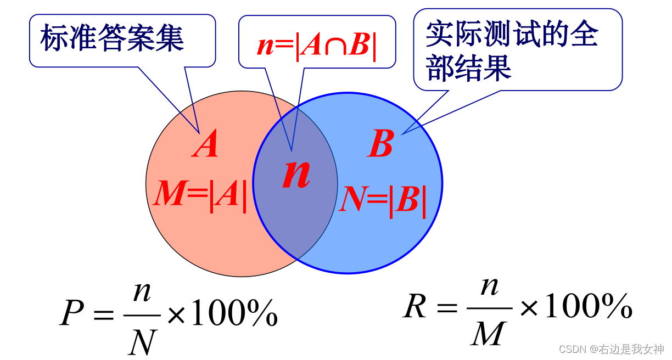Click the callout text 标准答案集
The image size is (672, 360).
113,39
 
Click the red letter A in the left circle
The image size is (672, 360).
205,146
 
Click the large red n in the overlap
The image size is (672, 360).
296,175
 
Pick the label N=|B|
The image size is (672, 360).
383,200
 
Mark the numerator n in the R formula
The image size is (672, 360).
488,286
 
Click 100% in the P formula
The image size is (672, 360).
233,314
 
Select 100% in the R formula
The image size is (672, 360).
587,307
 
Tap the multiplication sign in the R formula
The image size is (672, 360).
529,308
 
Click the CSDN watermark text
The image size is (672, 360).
611,349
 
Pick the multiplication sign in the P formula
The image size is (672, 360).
176,316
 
